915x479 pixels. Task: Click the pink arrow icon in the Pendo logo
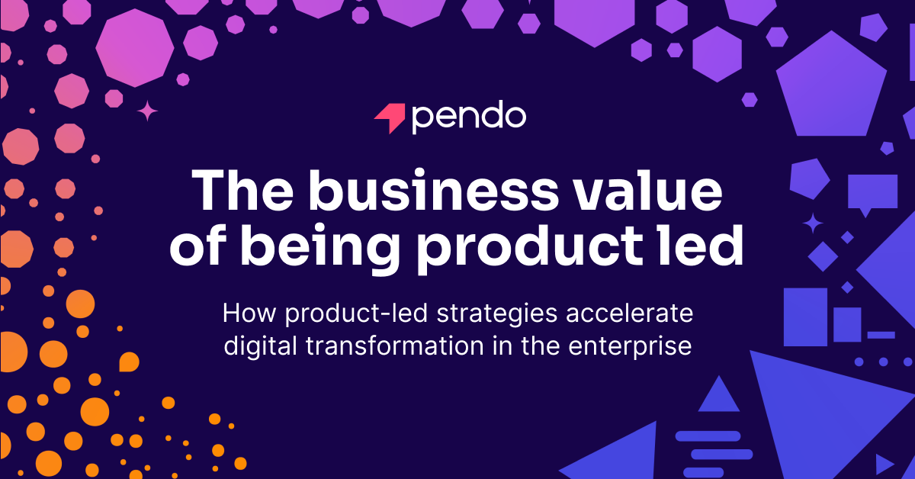391,117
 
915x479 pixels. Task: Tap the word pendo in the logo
469,117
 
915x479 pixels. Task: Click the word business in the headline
433,191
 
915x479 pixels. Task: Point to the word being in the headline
319,247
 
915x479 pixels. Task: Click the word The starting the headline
242,191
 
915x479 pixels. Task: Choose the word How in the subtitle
249,313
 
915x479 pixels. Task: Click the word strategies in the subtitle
497,315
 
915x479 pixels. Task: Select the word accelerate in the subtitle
630,313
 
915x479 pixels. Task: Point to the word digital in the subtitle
260,346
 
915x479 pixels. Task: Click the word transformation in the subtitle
395,346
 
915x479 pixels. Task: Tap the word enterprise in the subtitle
630,347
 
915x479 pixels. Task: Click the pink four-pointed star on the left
147,111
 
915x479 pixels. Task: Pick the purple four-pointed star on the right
813,223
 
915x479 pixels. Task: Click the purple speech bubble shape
872,194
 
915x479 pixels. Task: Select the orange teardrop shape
129,362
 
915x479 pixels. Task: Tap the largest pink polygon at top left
135,48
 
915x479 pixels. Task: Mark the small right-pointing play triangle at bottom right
884,465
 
